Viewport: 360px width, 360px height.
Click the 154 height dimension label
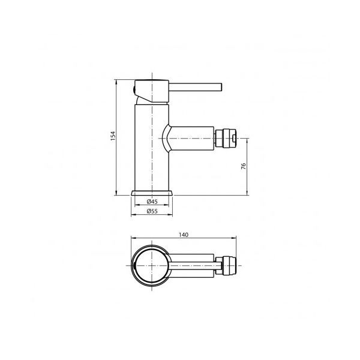113,136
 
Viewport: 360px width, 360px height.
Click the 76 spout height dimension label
244,166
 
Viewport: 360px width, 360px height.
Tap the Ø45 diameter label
152,202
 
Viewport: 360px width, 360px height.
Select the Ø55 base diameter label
152,211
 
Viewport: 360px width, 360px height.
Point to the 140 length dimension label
184,235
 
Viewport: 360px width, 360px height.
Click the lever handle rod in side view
196,88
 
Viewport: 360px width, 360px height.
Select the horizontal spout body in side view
191,139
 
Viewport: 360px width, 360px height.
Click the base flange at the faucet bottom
152,193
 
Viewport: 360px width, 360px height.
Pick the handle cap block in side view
152,91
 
